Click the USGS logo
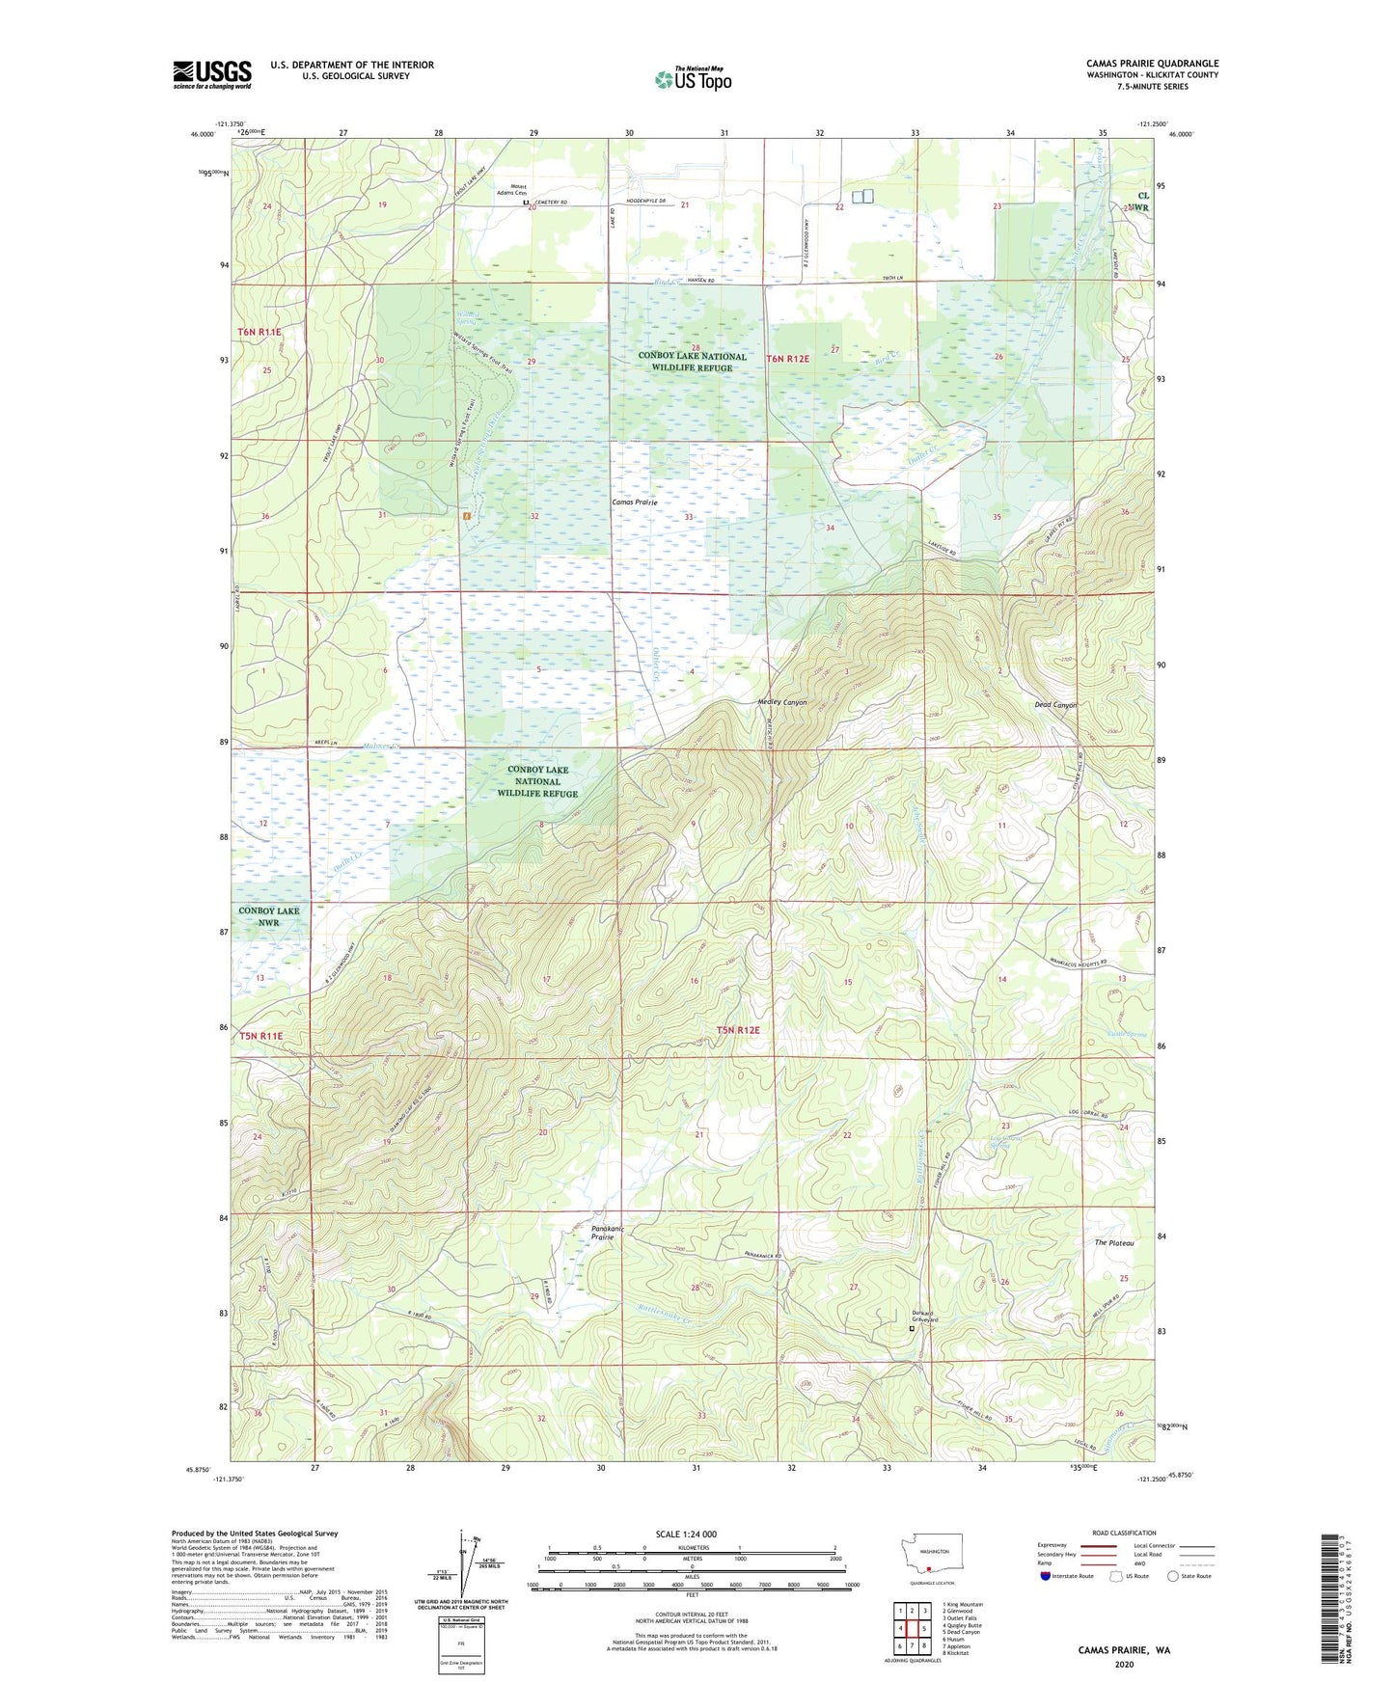point(211,74)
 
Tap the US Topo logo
point(692,79)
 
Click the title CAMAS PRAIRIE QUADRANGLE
point(1151,64)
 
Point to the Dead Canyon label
point(1055,705)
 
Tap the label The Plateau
point(1113,1243)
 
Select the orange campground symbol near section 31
point(466,516)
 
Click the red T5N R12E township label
point(738,1030)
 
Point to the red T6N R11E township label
point(260,332)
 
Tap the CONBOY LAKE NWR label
point(268,916)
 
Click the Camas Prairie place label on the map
point(635,502)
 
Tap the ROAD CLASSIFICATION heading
point(1123,1533)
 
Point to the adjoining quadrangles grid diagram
point(912,1629)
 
